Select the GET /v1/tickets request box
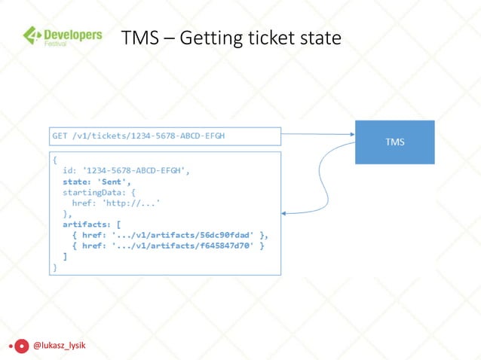tap(165, 136)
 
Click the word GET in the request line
tap(59, 136)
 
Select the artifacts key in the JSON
tap(84, 224)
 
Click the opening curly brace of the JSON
tap(54, 160)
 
